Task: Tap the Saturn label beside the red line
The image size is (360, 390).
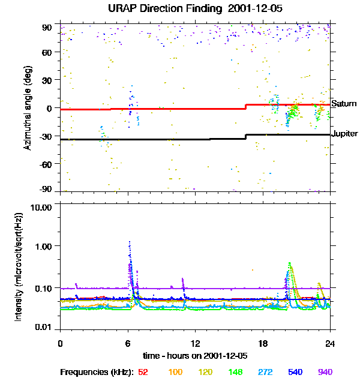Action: coord(344,104)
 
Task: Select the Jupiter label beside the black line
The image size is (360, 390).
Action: coord(345,133)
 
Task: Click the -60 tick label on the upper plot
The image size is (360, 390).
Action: coord(47,164)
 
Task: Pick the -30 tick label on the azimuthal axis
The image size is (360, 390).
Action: coord(47,136)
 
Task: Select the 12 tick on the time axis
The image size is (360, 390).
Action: coord(195,343)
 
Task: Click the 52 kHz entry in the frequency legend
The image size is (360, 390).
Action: coord(143,372)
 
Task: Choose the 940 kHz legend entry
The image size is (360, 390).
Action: coord(325,372)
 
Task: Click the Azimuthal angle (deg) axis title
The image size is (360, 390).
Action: coord(27,108)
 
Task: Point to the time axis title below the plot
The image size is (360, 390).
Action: coord(195,355)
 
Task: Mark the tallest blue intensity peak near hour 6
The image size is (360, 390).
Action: coord(129,242)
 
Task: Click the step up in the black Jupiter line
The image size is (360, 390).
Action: coord(246,136)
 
